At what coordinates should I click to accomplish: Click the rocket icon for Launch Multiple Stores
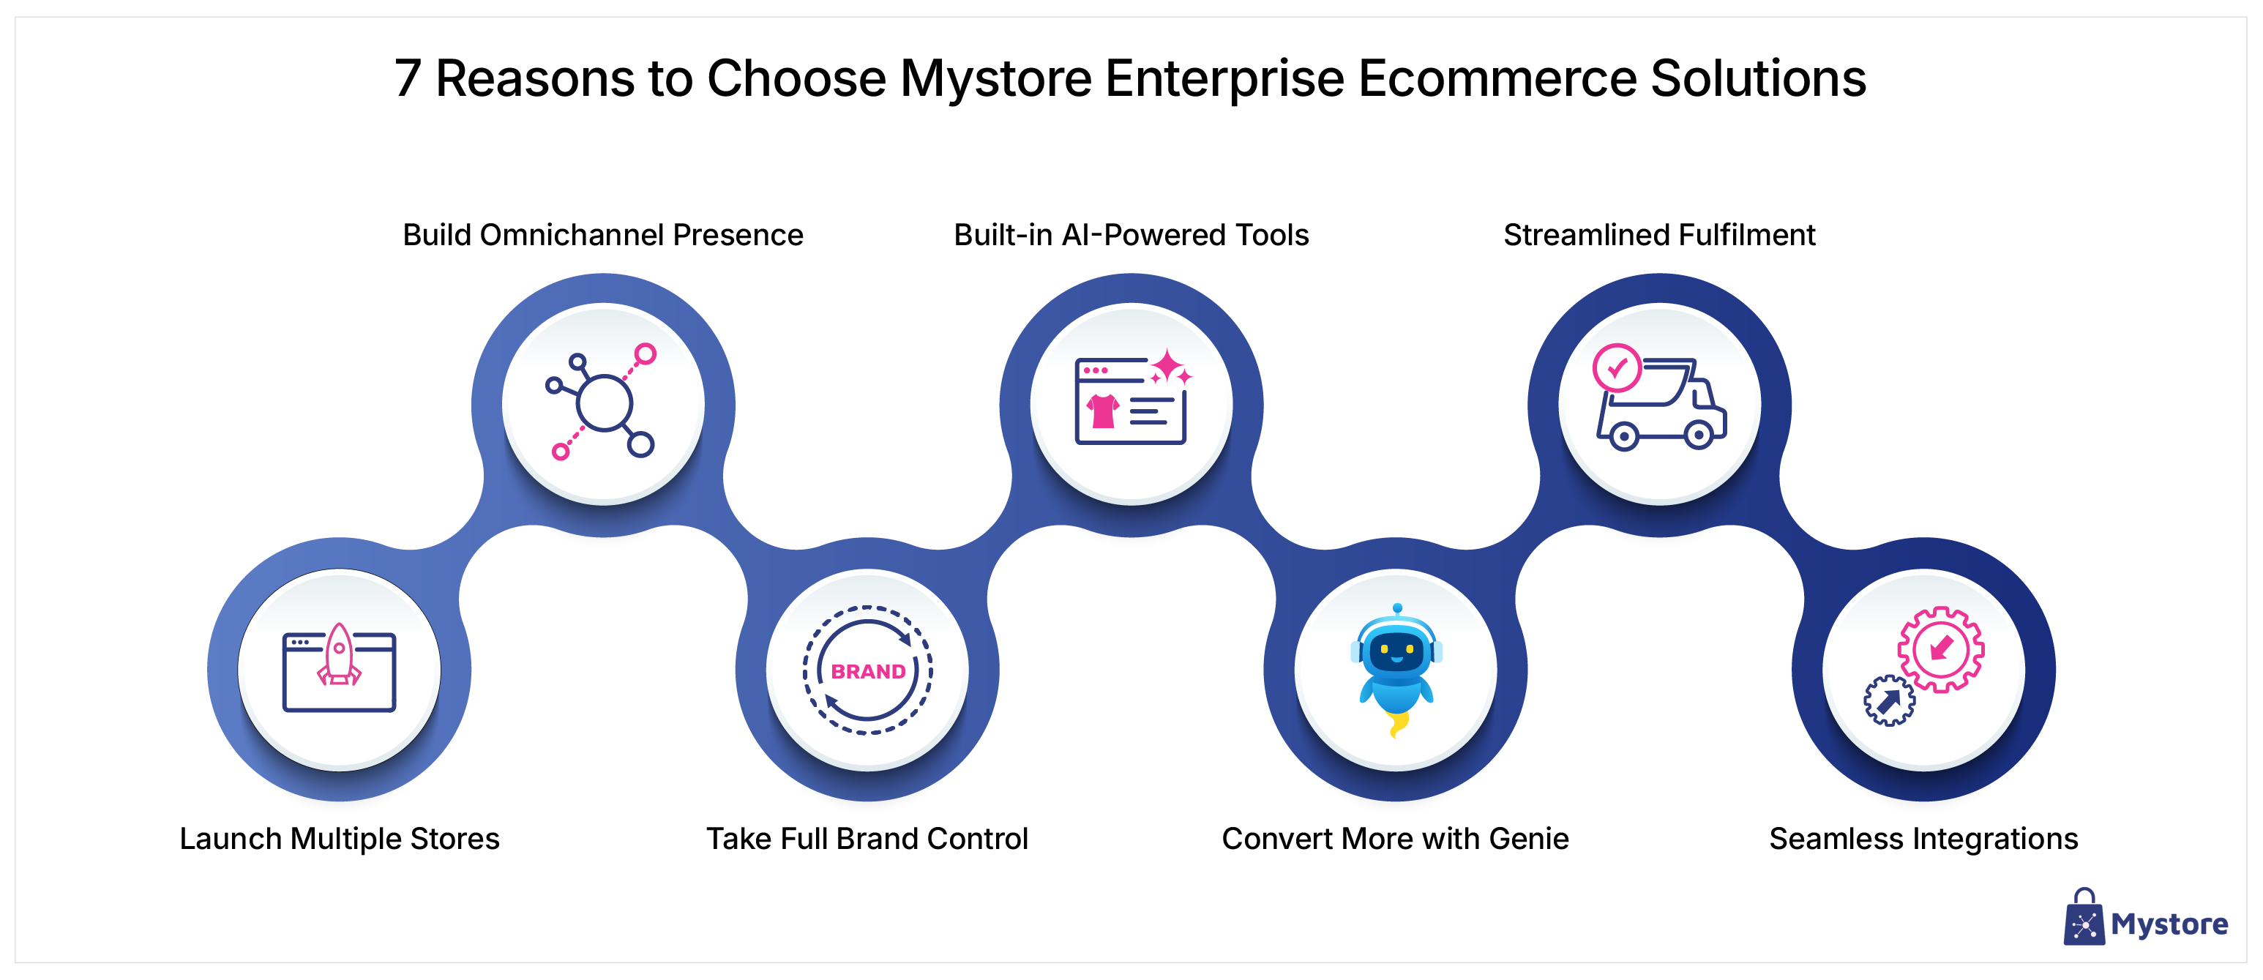tap(339, 655)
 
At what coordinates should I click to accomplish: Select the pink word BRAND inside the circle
tap(868, 672)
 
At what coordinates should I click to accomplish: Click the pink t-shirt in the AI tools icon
tap(1101, 410)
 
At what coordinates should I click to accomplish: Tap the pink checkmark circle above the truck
tap(1617, 368)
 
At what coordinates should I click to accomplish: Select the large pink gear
tap(1940, 649)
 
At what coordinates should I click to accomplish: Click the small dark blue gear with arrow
tap(1889, 700)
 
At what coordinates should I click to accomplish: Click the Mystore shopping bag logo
tap(2084, 919)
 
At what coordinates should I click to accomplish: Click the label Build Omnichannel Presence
tap(602, 236)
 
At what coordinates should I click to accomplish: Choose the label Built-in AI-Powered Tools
tap(1131, 236)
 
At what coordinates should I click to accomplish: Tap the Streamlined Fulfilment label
tap(1659, 236)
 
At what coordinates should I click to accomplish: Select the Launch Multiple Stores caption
tap(339, 839)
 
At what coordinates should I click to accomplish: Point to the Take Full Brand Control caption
tap(867, 839)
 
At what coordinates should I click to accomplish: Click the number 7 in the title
tap(407, 79)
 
